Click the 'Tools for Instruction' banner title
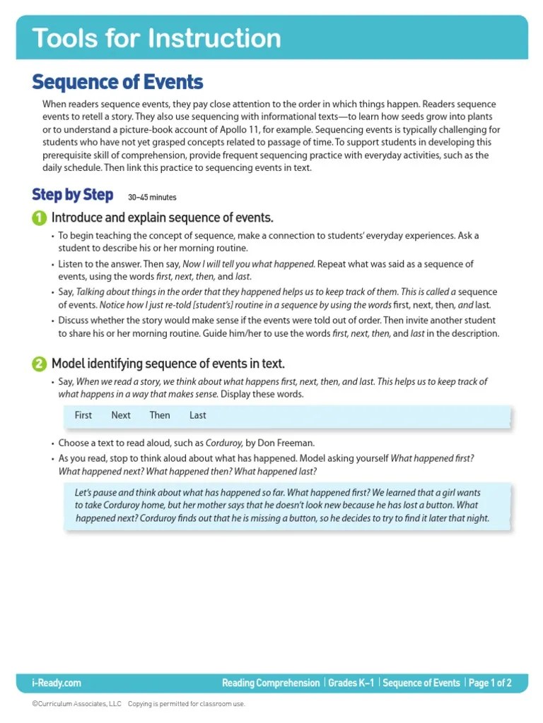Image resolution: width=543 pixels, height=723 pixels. click(x=156, y=38)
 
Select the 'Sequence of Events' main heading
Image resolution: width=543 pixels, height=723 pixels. click(x=117, y=83)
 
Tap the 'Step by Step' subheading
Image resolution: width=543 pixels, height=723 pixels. click(x=72, y=195)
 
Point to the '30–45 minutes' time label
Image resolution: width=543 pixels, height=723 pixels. click(x=152, y=198)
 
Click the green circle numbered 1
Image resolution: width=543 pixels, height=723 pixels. click(x=40, y=217)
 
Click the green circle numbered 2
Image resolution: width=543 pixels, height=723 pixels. click(x=40, y=364)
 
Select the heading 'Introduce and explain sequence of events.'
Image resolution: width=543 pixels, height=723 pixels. click(x=162, y=217)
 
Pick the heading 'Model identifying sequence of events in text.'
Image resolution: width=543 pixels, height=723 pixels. click(x=168, y=364)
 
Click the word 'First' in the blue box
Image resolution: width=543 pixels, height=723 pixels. click(x=83, y=415)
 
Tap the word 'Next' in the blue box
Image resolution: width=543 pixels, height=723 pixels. click(x=121, y=415)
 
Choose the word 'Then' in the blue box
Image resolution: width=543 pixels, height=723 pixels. click(x=160, y=415)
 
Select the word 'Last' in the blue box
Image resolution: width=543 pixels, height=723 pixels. click(x=198, y=415)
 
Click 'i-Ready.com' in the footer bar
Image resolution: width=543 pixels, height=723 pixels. click(x=57, y=683)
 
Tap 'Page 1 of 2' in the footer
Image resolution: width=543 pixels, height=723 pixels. click(x=490, y=683)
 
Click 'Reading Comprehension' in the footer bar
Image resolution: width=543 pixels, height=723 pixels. click(x=271, y=683)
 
